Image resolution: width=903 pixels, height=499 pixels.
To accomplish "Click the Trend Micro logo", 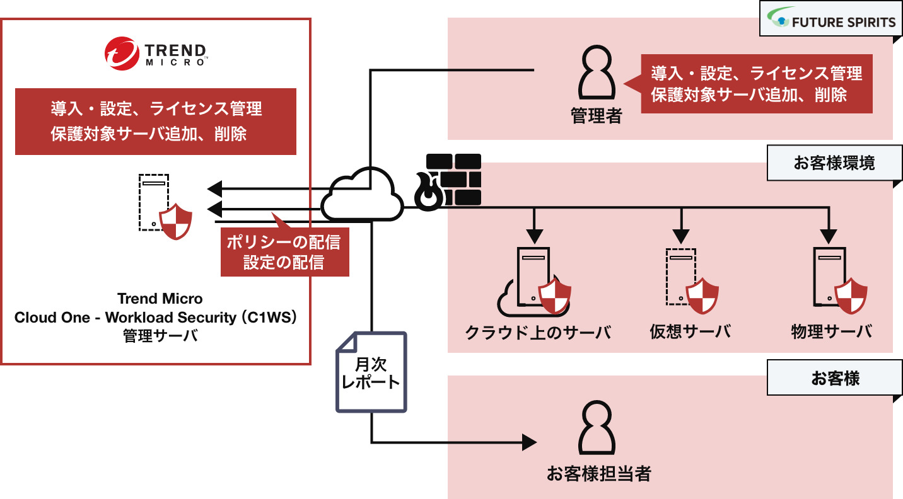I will [155, 52].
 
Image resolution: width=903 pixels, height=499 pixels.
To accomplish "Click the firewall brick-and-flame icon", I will [448, 181].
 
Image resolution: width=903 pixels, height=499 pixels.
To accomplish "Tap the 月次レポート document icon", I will [371, 372].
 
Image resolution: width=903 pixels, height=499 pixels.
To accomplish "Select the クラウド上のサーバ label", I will [538, 332].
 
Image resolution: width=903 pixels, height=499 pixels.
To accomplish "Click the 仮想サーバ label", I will [690, 332].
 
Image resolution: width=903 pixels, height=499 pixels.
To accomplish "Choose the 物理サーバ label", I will [832, 332].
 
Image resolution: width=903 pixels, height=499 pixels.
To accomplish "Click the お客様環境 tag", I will [834, 164].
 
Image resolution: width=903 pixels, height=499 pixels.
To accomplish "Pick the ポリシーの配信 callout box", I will [284, 252].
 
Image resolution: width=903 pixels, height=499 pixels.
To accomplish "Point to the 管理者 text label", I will [596, 116].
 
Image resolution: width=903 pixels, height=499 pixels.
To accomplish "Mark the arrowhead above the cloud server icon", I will [535, 236].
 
